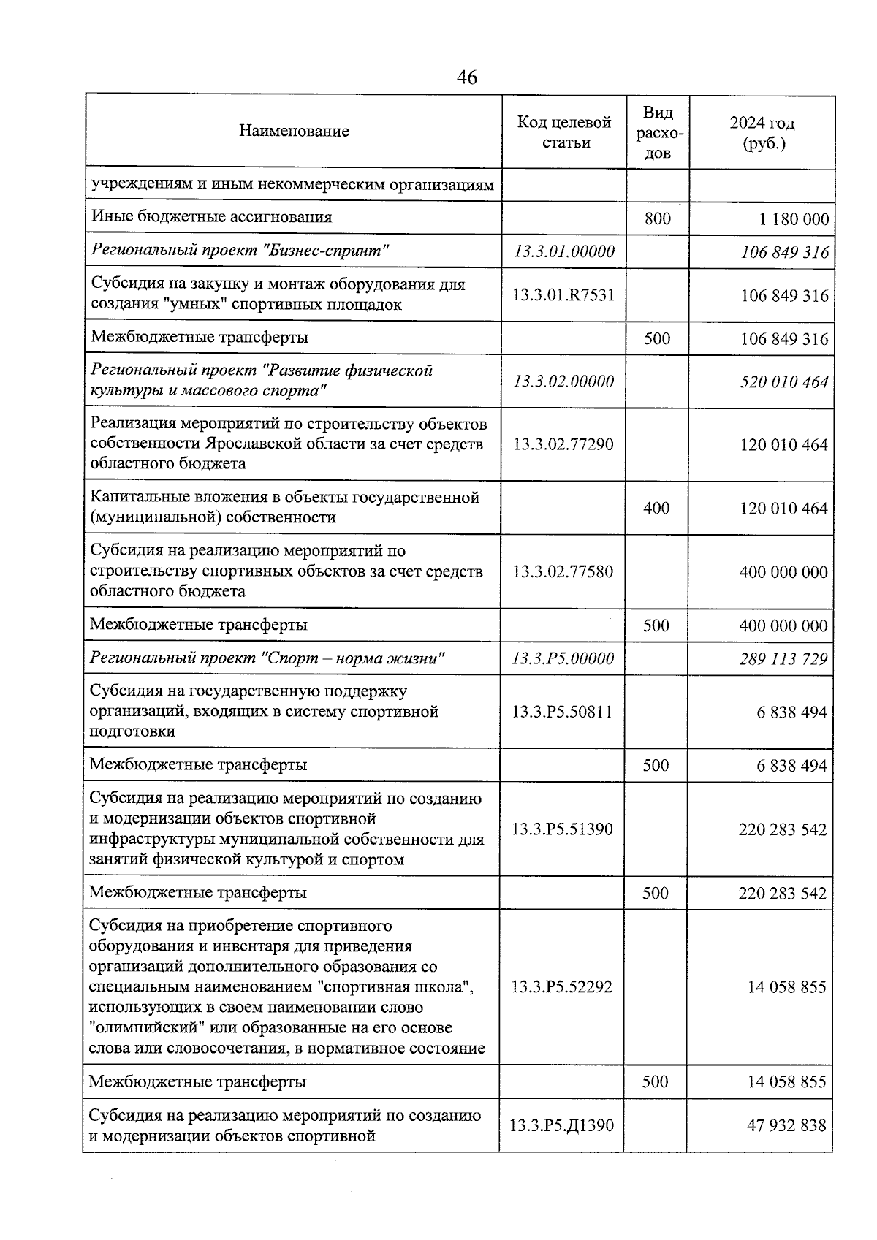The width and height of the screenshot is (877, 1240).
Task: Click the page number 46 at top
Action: click(x=466, y=77)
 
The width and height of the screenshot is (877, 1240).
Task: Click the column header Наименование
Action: click(x=294, y=132)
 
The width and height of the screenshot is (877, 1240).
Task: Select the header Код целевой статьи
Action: click(x=564, y=132)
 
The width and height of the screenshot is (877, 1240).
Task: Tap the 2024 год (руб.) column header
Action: click(x=762, y=132)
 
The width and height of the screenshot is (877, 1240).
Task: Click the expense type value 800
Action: click(x=658, y=218)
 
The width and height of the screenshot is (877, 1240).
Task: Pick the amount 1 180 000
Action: click(x=794, y=219)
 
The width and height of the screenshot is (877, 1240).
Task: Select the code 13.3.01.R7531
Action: click(x=563, y=295)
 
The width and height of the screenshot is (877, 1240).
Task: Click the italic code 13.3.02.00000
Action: click(x=563, y=381)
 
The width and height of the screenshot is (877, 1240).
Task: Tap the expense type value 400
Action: click(x=656, y=508)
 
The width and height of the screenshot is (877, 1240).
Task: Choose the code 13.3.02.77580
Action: click(x=563, y=571)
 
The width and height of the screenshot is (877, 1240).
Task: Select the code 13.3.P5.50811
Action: click(x=562, y=712)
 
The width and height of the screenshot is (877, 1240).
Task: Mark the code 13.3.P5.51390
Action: click(x=562, y=829)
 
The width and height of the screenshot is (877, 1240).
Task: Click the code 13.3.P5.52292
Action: click(x=561, y=987)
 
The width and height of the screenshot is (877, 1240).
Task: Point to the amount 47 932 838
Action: click(x=786, y=1125)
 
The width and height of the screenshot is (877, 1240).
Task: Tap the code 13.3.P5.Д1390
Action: click(x=561, y=1125)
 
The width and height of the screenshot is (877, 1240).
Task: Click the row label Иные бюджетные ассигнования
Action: click(x=211, y=217)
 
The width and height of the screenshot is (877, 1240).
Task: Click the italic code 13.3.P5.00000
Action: click(x=563, y=658)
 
